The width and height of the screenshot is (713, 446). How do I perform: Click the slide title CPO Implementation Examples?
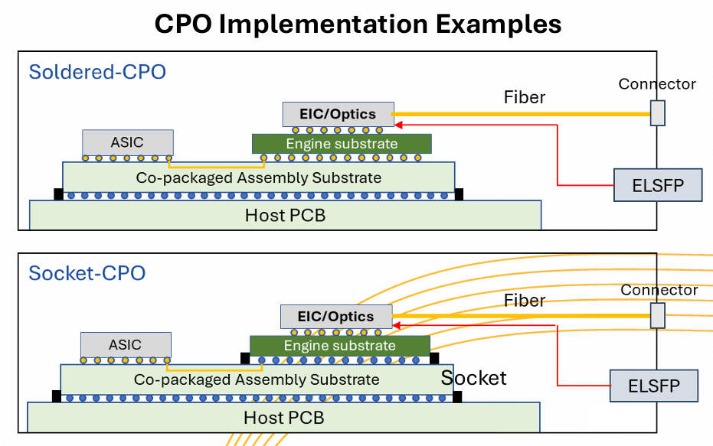pos(358,24)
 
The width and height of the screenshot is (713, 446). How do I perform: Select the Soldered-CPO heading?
pos(97,73)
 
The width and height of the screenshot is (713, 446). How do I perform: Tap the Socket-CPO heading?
pos(87,273)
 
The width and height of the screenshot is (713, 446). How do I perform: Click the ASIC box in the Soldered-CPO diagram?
pos(127,142)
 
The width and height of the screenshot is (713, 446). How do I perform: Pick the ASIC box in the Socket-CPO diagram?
pos(126,344)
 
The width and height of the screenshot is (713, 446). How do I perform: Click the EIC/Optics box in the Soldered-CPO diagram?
pos(338,114)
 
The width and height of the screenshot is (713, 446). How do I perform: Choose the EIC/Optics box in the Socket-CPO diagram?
pos(335,316)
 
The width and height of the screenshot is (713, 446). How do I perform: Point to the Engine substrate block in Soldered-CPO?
pos(342,144)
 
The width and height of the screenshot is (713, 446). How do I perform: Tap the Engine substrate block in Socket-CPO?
pos(339,346)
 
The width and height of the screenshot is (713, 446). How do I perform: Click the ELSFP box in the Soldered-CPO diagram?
pos(658,185)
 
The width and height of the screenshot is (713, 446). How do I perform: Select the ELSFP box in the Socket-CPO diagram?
pos(654,386)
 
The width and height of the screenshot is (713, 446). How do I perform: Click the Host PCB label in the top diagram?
pos(285,216)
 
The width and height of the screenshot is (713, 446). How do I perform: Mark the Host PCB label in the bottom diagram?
pos(283,418)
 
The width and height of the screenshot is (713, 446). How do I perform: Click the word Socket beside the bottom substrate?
pos(473,378)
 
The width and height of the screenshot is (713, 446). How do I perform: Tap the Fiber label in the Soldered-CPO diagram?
pos(525,98)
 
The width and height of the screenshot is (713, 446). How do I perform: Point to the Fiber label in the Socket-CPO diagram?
pos(525,301)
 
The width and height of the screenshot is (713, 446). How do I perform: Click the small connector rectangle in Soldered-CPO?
pos(657,113)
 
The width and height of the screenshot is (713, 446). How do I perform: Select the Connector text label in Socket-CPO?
pos(659,290)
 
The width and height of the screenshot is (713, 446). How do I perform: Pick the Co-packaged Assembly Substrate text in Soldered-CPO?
pos(258,177)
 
